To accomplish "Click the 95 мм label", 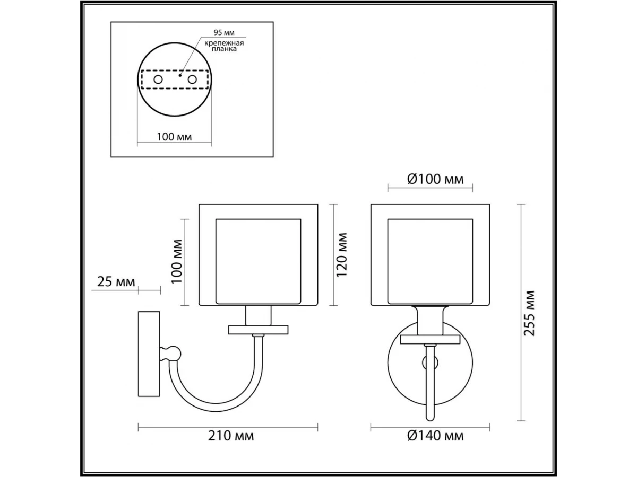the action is click(x=224, y=32).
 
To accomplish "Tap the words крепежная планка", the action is click(x=224, y=46).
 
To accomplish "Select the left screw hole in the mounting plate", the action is click(x=158, y=79).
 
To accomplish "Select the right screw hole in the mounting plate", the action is click(x=192, y=79).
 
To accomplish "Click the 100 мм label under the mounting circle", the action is click(x=174, y=137).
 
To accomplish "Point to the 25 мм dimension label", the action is click(x=116, y=281).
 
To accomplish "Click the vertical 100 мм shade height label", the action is click(x=177, y=262).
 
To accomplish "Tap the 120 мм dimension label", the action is click(x=341, y=255).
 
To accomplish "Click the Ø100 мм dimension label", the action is click(x=435, y=180).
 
